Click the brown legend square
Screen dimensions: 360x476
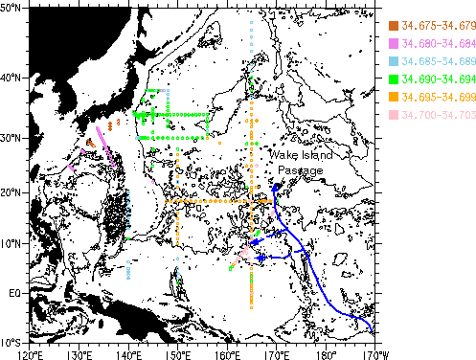click(394, 25)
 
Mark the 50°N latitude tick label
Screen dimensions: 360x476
click(13, 9)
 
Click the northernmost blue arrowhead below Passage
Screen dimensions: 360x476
click(276, 191)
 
